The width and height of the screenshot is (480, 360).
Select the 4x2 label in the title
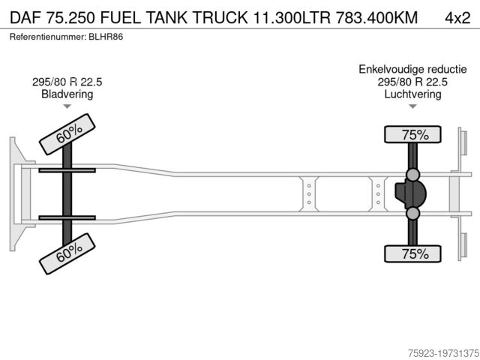click(457, 18)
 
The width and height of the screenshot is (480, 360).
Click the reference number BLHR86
click(106, 37)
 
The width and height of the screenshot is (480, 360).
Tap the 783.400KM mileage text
click(376, 17)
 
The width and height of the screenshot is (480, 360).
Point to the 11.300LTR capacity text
click(292, 17)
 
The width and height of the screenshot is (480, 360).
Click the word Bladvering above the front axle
click(67, 94)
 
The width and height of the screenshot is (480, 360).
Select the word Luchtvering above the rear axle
click(412, 94)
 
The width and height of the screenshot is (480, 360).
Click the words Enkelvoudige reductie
click(412, 69)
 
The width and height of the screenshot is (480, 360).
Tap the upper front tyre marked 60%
click(67, 134)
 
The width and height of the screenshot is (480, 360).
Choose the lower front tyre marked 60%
click(67, 253)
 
